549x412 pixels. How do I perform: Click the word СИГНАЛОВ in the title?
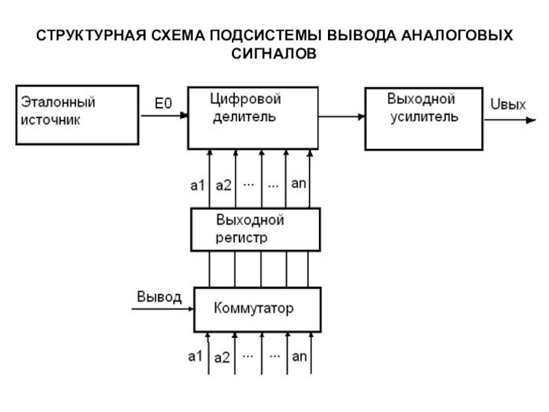(274, 54)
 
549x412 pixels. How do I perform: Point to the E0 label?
(163, 104)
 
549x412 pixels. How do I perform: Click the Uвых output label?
(508, 104)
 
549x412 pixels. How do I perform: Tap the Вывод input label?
(159, 297)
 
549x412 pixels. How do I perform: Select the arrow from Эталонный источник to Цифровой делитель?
(164, 115)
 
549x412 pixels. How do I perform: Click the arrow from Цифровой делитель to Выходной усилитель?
(342, 117)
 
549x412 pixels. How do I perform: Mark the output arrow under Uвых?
(510, 120)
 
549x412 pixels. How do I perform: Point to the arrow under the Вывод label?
(163, 309)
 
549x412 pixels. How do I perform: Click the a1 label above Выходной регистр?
(198, 185)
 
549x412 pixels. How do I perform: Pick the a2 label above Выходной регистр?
(224, 185)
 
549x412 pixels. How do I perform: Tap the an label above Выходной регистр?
(299, 183)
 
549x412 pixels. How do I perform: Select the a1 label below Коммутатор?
(196, 356)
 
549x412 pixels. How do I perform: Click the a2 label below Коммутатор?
(222, 358)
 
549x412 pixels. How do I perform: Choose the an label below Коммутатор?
(299, 356)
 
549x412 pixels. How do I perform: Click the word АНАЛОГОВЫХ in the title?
(457, 36)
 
